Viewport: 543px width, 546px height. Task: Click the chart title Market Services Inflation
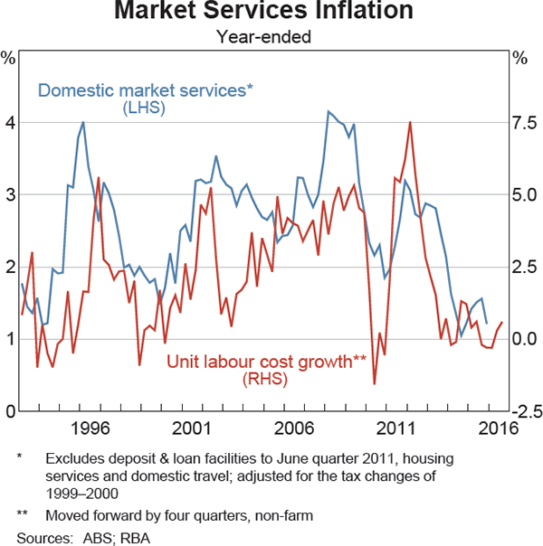coord(263,13)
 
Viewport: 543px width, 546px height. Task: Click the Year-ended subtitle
coord(263,37)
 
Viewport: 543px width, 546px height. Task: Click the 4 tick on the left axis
coord(9,122)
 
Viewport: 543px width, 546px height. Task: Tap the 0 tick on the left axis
coord(9,411)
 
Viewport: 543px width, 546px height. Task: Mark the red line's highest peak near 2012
coord(410,122)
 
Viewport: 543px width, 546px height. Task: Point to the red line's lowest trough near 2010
coord(374,384)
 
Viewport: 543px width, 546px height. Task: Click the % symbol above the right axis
coord(519,59)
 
